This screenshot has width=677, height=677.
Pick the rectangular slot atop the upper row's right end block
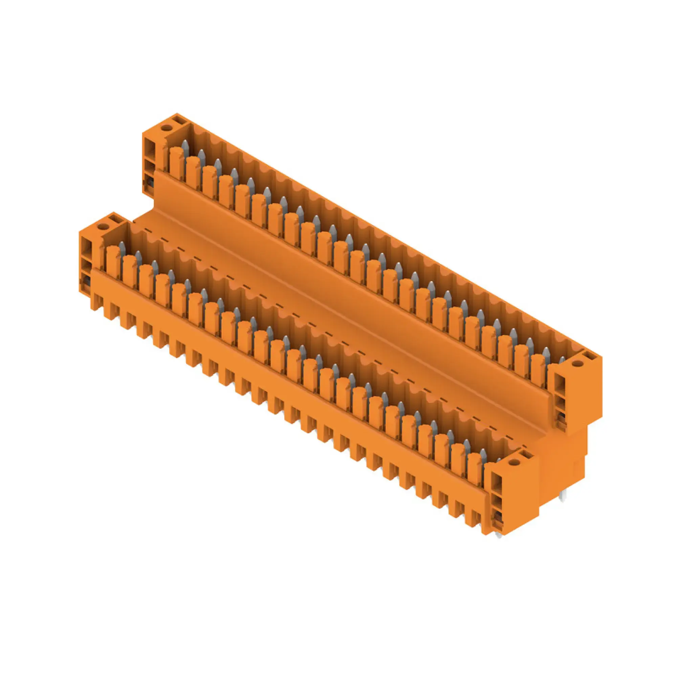coord(589,357)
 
